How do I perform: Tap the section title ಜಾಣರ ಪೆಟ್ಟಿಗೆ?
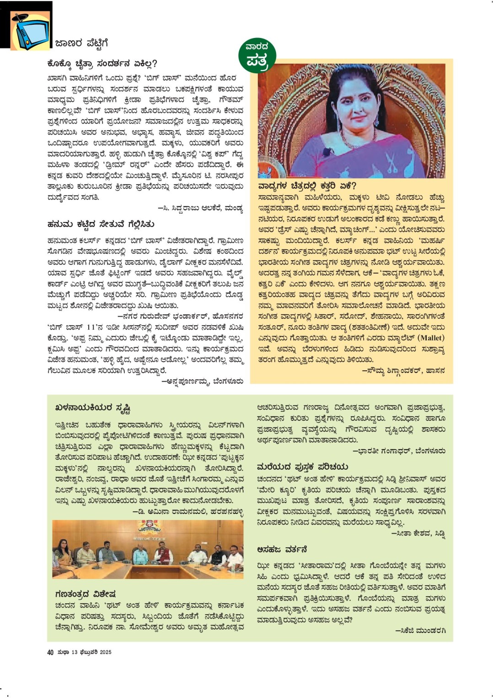(81, 43)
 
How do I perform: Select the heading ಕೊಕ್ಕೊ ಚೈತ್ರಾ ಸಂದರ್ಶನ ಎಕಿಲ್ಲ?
(102, 63)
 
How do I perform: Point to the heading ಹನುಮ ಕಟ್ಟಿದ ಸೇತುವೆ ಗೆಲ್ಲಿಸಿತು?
(101, 224)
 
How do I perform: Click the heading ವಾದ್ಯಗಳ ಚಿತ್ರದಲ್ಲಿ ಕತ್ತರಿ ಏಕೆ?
(307, 186)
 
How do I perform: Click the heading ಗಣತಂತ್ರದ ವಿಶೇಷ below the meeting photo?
(85, 594)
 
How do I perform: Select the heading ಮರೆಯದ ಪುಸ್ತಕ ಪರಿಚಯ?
(302, 466)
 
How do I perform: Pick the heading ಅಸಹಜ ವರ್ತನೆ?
(282, 549)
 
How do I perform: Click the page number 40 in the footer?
(50, 652)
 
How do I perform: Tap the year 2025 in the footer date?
(106, 652)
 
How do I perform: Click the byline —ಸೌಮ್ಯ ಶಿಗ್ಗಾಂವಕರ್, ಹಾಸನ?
(403, 371)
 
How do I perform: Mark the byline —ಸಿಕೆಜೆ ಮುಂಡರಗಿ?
(420, 630)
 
